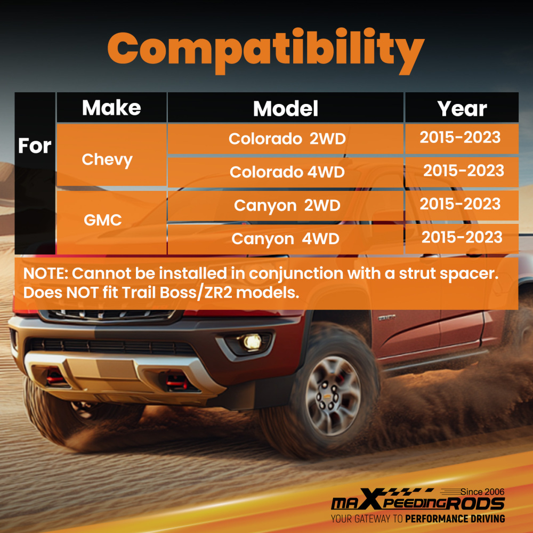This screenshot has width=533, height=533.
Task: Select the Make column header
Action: (111, 108)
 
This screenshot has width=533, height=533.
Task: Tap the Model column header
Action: (286, 109)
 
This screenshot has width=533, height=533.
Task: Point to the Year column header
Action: (462, 109)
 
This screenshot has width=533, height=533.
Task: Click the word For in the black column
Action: (35, 146)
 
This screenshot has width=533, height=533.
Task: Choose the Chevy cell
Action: (107, 159)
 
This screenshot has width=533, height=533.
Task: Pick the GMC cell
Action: (103, 220)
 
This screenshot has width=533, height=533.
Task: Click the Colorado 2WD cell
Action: (287, 139)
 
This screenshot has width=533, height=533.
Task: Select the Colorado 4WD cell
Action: (287, 172)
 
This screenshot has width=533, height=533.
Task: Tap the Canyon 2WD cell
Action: (287, 205)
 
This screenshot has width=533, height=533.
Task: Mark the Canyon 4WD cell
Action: (286, 238)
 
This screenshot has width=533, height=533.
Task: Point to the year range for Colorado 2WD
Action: (460, 138)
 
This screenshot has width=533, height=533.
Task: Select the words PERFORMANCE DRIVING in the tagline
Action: (455, 519)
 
